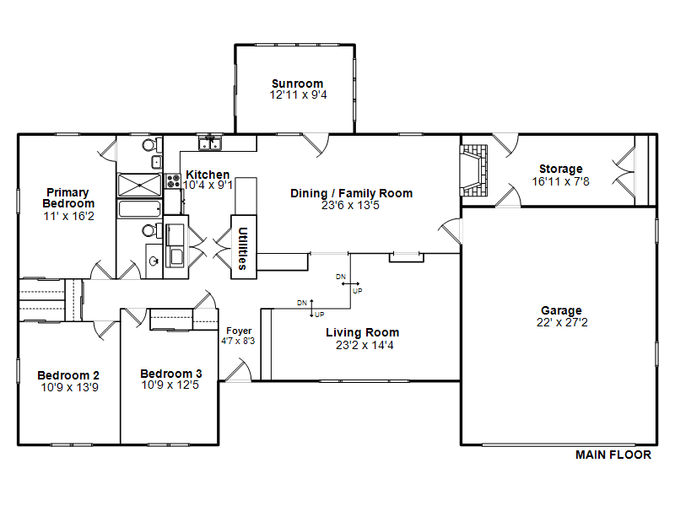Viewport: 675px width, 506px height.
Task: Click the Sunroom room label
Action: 298,83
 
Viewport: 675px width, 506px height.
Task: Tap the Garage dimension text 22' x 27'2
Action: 562,322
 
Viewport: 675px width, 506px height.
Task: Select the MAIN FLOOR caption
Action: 613,455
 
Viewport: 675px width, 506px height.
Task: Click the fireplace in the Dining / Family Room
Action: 473,171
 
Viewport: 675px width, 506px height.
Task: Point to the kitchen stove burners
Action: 173,180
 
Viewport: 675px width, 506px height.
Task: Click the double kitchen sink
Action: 210,143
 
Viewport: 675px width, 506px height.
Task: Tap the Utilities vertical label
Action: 243,248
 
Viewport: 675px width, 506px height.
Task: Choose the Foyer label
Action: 239,331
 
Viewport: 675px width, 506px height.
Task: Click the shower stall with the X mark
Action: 139,185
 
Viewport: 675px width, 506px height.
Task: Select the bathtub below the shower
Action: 139,209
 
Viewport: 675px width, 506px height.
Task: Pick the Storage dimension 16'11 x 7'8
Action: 560,181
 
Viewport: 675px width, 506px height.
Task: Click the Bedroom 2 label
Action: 68,375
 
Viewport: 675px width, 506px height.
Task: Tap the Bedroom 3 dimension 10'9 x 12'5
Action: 170,385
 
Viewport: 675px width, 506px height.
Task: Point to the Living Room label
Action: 363,332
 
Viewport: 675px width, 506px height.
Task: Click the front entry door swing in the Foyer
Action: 238,370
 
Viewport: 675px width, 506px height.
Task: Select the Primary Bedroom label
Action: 68,198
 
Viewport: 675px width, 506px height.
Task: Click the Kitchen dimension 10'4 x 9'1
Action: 208,185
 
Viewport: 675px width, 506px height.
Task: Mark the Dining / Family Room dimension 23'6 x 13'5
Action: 350,205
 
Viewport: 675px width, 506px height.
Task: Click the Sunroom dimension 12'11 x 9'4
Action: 299,94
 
